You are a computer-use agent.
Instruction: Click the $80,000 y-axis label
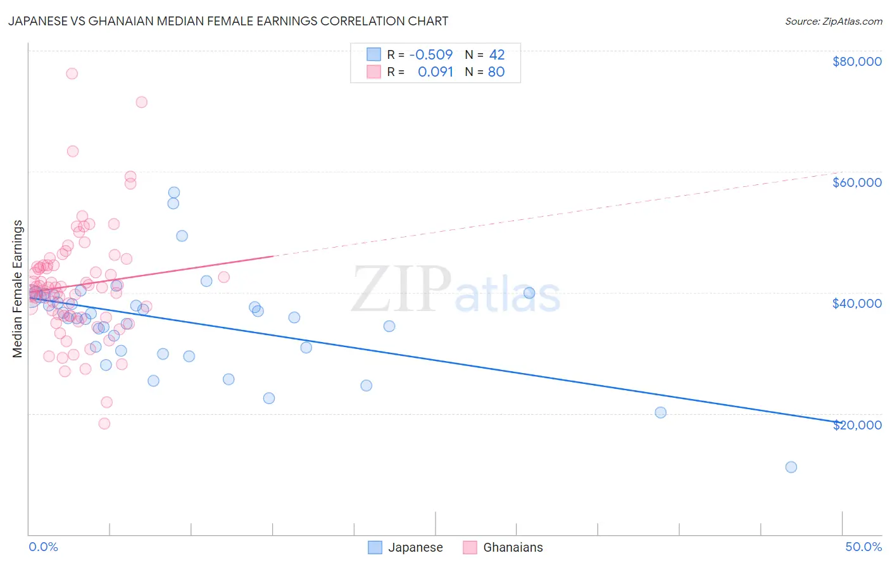[856, 61]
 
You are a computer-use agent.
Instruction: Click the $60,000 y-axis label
[856, 182]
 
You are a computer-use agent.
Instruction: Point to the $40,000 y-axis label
[856, 303]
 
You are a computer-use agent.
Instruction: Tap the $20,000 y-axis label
[856, 424]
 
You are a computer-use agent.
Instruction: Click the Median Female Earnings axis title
[18, 289]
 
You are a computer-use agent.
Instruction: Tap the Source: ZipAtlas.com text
[833, 22]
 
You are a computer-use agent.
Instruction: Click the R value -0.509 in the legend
[431, 55]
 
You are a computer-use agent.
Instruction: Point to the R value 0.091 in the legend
[436, 72]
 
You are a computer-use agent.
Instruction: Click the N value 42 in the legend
[497, 55]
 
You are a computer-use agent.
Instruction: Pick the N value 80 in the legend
[496, 72]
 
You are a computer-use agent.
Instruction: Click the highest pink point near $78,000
[72, 73]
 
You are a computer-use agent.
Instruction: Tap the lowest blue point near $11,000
[791, 467]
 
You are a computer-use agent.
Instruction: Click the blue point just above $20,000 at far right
[660, 412]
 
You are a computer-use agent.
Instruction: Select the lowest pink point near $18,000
[104, 424]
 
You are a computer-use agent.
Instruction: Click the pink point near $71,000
[142, 102]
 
